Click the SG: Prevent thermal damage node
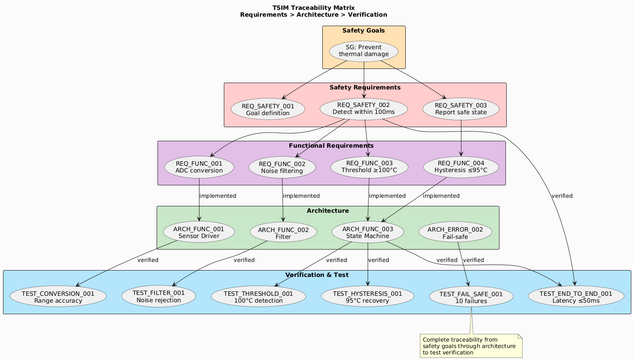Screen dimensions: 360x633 click(x=364, y=51)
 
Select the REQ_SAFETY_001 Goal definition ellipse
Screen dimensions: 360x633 click(x=268, y=110)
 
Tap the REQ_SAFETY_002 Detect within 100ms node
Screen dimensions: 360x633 click(x=364, y=109)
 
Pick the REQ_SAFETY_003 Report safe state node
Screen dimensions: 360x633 click(x=461, y=109)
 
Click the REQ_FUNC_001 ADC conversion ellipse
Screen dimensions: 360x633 click(x=199, y=167)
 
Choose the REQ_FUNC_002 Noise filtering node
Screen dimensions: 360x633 click(x=282, y=167)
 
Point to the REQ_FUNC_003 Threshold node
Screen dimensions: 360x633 click(x=369, y=167)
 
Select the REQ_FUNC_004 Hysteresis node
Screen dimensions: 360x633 click(x=461, y=167)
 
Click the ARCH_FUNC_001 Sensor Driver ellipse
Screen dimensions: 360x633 click(x=199, y=232)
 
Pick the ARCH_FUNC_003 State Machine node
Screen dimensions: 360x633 click(x=368, y=232)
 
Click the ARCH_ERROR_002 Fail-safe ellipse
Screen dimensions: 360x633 click(x=455, y=233)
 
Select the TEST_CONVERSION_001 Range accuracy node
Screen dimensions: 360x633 click(x=58, y=297)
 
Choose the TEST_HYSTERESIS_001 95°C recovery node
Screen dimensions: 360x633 click(x=367, y=297)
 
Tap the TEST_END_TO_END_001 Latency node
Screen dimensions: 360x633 click(x=576, y=297)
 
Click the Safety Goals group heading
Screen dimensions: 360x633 click(x=363, y=31)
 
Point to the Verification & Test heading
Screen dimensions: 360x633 click(x=317, y=275)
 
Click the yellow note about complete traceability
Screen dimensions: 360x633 click(x=471, y=346)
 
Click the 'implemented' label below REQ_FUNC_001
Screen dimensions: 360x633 click(x=218, y=196)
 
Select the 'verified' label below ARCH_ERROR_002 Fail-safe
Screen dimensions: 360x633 click(x=473, y=260)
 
